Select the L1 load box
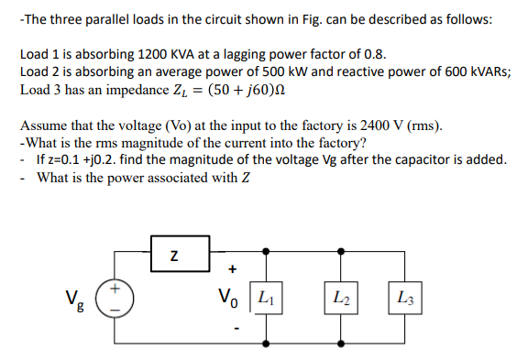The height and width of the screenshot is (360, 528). (x=268, y=297)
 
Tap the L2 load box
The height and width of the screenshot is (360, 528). (x=339, y=297)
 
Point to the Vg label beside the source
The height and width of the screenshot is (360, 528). (x=76, y=299)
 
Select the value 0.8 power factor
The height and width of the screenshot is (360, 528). (x=371, y=55)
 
